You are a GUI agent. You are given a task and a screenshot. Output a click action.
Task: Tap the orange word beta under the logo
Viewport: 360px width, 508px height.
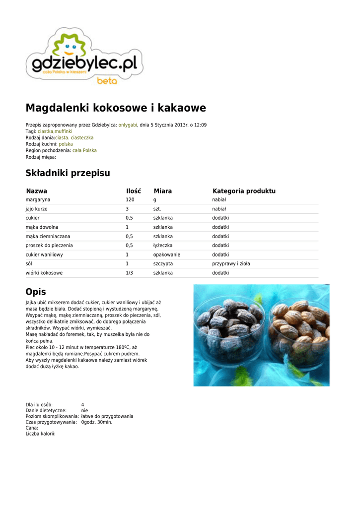click(107, 81)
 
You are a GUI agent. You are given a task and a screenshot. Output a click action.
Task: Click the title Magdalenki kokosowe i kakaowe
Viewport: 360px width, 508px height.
click(116, 108)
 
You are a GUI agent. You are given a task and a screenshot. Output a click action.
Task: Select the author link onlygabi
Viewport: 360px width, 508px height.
click(128, 125)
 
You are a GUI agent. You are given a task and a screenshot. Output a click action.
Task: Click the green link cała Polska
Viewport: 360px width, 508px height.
click(84, 150)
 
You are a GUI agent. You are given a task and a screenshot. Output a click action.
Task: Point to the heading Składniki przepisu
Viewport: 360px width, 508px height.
click(68, 173)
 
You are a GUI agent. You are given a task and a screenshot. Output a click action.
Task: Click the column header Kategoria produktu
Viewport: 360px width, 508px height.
click(244, 191)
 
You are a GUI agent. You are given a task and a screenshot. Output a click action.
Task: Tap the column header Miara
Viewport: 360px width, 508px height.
click(162, 191)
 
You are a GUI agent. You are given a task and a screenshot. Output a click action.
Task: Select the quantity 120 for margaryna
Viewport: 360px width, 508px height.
click(130, 199)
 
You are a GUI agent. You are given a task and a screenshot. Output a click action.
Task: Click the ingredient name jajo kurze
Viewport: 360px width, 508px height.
click(37, 209)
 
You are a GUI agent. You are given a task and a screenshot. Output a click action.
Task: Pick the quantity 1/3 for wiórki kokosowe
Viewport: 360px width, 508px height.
click(129, 273)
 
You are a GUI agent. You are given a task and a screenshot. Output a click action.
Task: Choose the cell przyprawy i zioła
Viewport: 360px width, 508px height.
click(231, 264)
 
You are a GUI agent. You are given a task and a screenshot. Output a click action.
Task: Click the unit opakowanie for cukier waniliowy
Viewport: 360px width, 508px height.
click(166, 254)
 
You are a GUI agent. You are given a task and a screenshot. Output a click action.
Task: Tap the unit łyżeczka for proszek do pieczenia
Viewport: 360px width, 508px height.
click(163, 246)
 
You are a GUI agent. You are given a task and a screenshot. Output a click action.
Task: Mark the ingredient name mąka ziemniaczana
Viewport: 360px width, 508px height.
click(48, 236)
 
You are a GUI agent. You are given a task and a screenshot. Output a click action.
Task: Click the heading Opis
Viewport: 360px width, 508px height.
click(36, 292)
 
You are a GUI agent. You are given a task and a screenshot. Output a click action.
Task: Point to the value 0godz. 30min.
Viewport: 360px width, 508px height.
click(97, 422)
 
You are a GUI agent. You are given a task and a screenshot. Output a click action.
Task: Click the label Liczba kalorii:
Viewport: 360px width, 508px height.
click(41, 434)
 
